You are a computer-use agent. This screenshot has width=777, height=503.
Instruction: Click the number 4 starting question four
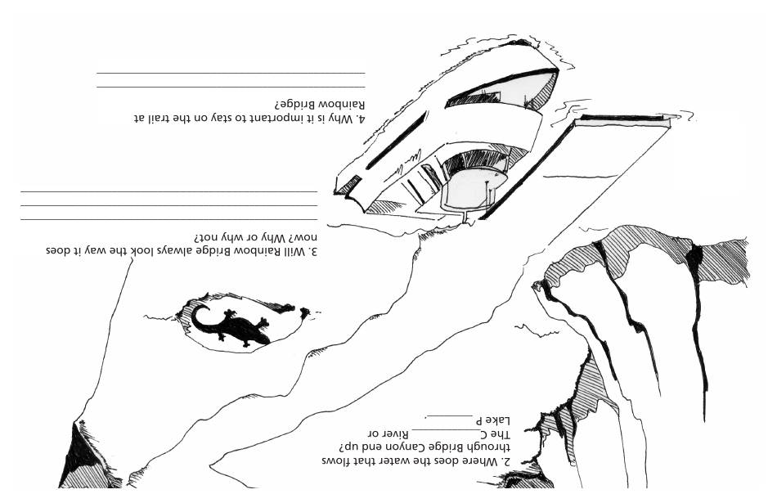(361, 119)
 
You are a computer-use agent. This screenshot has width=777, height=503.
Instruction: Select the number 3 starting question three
(313, 251)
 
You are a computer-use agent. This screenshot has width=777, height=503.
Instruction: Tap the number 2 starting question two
(506, 461)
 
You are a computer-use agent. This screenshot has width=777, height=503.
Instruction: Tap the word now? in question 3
(303, 236)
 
